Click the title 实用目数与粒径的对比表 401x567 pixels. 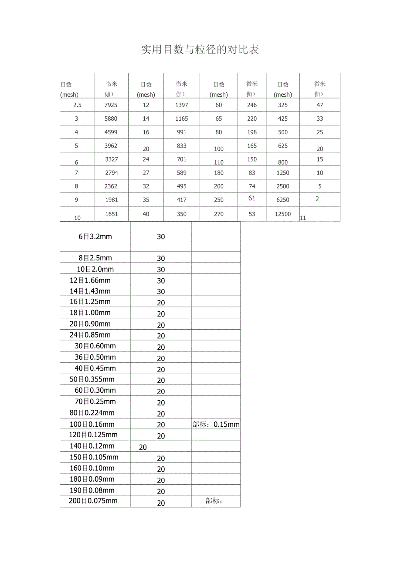tap(200, 50)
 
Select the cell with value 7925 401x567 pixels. tap(111, 105)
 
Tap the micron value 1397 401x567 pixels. tap(182, 105)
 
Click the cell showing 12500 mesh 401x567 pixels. tap(283, 214)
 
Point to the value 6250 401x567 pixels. tap(283, 200)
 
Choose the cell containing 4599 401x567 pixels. tap(111, 132)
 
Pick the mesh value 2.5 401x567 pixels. tap(77, 105)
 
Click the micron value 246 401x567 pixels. tap(252, 105)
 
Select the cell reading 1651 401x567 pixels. tap(111, 214)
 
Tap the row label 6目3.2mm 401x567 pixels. tap(95, 236)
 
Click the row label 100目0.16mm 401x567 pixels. tap(92, 424)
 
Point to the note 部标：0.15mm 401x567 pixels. tap(216, 424)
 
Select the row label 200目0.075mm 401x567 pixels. tap(93, 501)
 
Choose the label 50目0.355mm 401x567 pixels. tap(92, 379)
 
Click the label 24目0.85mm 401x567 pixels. tap(90, 335)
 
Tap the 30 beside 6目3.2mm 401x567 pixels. tap(161, 236)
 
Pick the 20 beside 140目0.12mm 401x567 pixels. tap(143, 447)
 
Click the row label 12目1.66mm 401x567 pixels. tap(90, 280)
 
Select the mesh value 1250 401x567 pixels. tap(283, 173)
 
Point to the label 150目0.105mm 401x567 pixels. tap(94, 457)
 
